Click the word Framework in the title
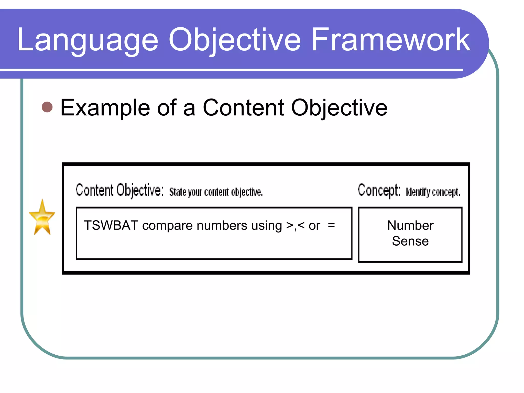(x=391, y=40)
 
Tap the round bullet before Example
(x=47, y=107)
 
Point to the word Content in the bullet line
(x=243, y=108)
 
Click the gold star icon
(x=42, y=218)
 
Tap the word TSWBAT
(x=111, y=225)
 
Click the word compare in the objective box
(x=167, y=226)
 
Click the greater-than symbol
(x=290, y=225)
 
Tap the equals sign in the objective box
(x=331, y=225)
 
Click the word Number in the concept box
(x=410, y=225)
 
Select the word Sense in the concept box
(x=410, y=241)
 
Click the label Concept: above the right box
(x=379, y=190)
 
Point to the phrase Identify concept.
(x=433, y=192)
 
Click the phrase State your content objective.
(x=216, y=192)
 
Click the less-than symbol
(x=301, y=225)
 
